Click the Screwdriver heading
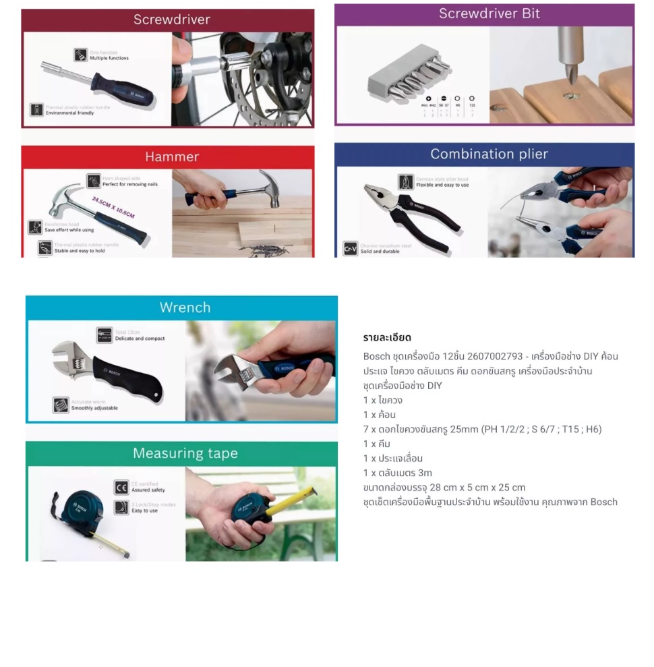click(171, 20)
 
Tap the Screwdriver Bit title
click(489, 13)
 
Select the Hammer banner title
click(172, 156)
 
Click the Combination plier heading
click(489, 154)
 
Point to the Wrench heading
click(185, 308)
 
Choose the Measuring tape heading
click(185, 453)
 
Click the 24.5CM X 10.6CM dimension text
click(113, 207)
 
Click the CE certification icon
click(121, 487)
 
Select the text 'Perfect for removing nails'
click(129, 184)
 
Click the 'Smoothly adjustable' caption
click(94, 408)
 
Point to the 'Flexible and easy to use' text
click(442, 185)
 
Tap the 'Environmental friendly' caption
click(69, 113)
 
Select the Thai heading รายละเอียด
click(387, 337)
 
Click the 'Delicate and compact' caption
click(140, 339)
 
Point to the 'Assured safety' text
click(148, 490)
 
